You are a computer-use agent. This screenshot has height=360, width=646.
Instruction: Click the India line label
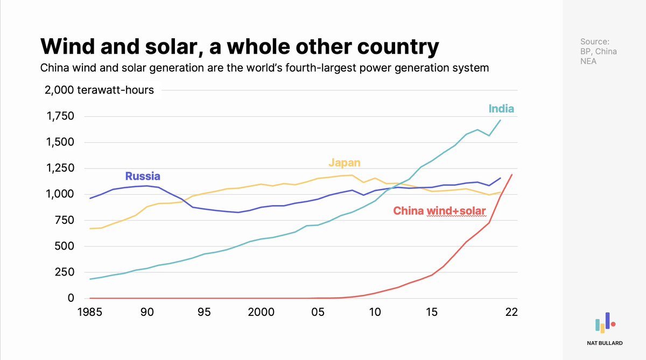click(501, 109)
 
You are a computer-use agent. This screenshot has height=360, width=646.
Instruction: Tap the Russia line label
click(143, 176)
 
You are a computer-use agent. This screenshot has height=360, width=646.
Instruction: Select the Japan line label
click(345, 163)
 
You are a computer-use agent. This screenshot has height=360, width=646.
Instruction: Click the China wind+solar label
click(440, 211)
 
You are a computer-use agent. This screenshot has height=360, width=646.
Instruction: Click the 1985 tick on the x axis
click(90, 312)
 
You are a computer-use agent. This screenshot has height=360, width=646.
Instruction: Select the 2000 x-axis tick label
click(261, 312)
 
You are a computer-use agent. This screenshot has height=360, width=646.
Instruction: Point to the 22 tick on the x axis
click(511, 312)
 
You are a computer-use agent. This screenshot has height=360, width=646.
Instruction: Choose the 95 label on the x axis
click(203, 312)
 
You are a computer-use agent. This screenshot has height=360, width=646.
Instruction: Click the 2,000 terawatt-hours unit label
click(100, 90)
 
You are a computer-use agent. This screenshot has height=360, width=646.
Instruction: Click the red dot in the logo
click(613, 324)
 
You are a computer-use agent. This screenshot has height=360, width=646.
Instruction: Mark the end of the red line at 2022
click(511, 174)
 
